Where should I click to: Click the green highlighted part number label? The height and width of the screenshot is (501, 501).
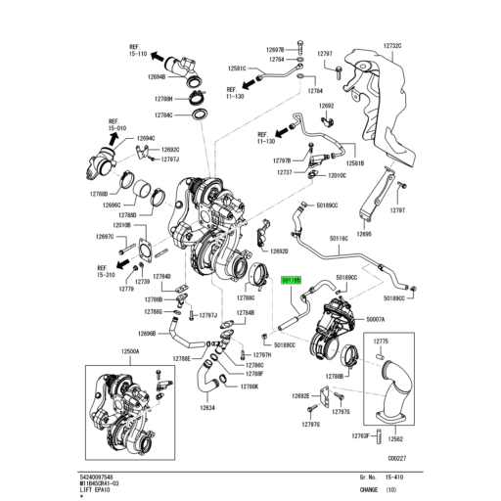tap(293, 279)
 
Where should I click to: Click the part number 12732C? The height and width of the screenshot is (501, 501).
tap(393, 46)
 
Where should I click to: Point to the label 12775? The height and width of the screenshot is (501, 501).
tap(382, 342)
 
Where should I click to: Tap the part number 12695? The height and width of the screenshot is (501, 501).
tap(365, 234)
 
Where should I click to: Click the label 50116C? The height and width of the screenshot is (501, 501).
tap(339, 237)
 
